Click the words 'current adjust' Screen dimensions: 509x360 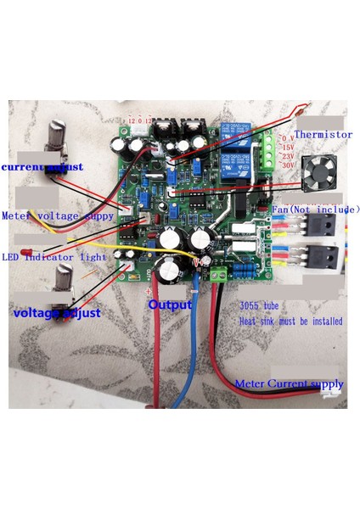[42, 167]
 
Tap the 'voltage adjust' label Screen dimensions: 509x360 [56, 313]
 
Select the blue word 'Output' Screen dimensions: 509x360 [170, 304]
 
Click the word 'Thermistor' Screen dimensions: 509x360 [323, 134]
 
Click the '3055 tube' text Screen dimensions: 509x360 [260, 309]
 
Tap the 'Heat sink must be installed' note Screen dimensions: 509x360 [291, 322]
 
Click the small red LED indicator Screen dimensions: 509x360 [28, 252]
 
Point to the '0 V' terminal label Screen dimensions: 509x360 [287, 136]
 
